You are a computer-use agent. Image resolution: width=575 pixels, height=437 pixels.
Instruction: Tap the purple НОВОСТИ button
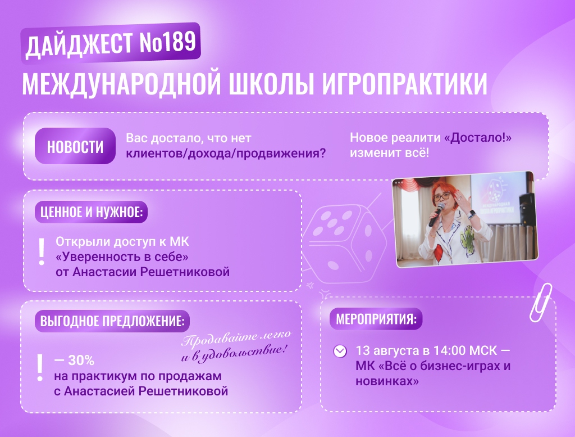point(75,146)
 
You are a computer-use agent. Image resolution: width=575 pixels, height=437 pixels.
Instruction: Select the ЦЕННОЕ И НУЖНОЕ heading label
point(92,212)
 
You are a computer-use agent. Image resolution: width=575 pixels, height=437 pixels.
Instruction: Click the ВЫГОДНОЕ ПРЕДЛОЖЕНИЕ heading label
point(112,321)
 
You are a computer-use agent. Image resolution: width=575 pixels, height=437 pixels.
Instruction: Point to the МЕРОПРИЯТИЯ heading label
point(376,319)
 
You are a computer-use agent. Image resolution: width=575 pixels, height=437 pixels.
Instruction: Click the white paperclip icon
point(541,303)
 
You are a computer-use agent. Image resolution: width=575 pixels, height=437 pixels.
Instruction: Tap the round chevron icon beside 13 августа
point(340,352)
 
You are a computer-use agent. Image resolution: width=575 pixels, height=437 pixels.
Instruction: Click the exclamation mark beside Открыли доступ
point(42,251)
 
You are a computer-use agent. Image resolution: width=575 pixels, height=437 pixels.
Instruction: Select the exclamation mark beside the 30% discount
point(40,368)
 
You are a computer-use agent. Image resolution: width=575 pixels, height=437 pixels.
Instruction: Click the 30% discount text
point(75,361)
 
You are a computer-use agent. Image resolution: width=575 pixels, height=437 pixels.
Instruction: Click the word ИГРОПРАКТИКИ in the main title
point(405,84)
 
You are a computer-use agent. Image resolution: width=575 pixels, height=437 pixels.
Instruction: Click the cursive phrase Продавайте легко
point(236,338)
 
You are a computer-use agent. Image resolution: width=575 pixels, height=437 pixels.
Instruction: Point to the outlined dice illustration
point(345,243)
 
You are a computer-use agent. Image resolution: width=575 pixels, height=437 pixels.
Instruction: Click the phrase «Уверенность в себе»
point(122,256)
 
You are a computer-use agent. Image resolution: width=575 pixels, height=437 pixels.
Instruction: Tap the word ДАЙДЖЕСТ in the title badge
point(80,45)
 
